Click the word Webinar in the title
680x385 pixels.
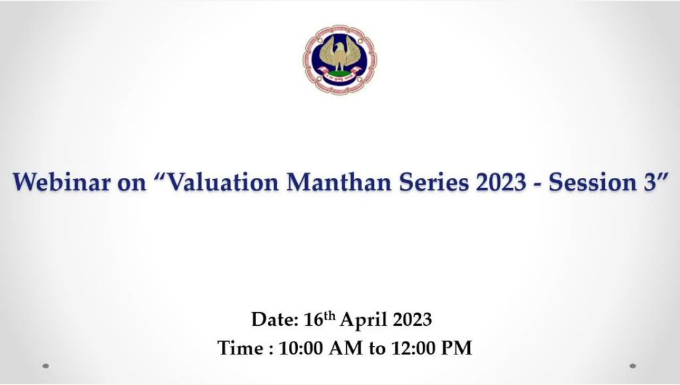tap(62, 182)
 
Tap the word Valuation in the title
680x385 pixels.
tap(223, 182)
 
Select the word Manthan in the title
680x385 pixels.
tap(339, 182)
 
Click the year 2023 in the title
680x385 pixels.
tap(501, 182)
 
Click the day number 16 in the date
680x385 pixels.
tap(313, 320)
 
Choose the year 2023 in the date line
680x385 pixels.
tap(413, 320)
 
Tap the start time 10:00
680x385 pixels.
tap(301, 348)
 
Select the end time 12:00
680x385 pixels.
tap(413, 348)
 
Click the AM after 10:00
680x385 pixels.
tap(346, 348)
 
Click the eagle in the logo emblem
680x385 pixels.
tap(340, 55)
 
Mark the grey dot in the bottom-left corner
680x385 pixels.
tap(45, 366)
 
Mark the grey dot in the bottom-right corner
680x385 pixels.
tap(633, 366)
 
